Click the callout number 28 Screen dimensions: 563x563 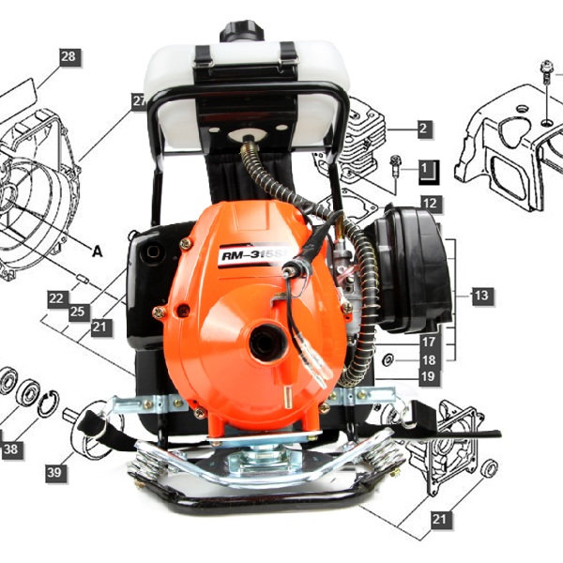click(68, 56)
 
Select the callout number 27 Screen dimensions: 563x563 click(139, 101)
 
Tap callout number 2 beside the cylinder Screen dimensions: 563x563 click(423, 129)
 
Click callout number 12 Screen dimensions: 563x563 click(430, 204)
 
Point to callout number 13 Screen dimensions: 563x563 click(481, 296)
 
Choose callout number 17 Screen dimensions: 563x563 click(429, 342)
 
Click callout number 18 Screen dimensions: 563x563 click(429, 359)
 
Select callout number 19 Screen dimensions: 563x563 click(429, 376)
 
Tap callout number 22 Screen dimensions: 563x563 click(56, 298)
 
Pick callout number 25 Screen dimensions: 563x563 click(78, 312)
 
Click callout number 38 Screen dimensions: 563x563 click(11, 449)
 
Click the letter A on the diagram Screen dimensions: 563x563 click(98, 251)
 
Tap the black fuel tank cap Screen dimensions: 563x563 click(241, 31)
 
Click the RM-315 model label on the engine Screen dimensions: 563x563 click(254, 255)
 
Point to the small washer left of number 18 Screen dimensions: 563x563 click(388, 359)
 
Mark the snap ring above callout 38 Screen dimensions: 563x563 click(48, 403)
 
